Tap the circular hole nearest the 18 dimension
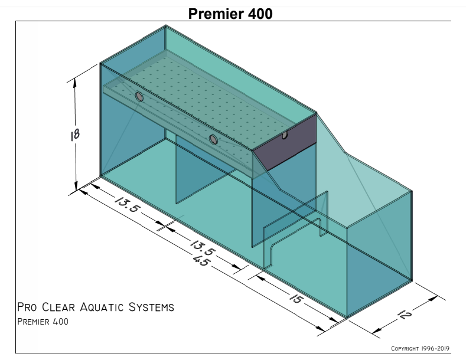139,97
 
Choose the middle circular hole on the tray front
213,139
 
